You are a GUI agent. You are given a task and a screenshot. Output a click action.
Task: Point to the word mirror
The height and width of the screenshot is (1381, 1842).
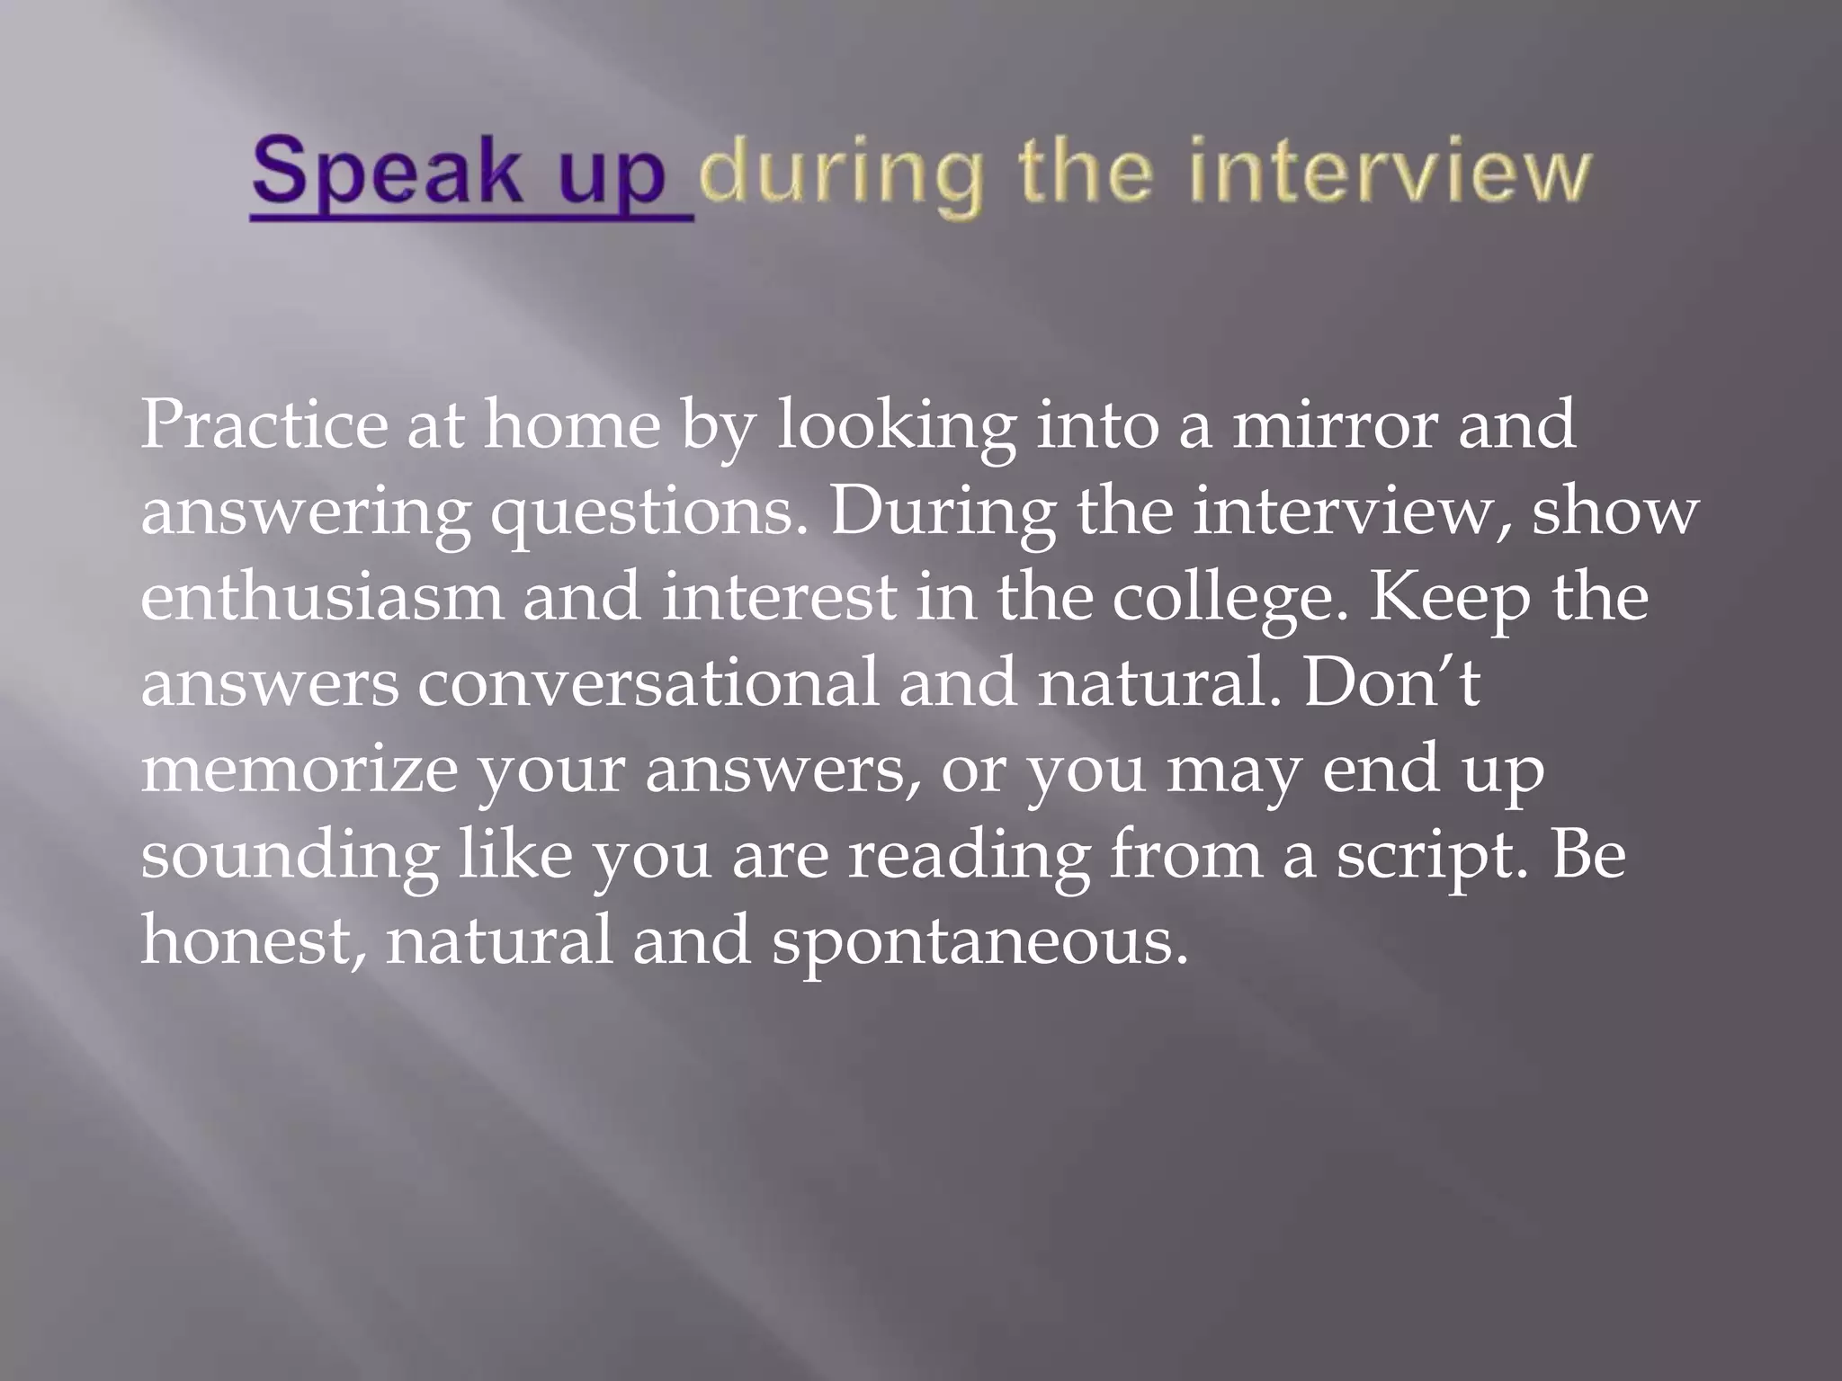(1333, 424)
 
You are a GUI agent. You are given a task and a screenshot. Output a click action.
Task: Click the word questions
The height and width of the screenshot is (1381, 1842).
(648, 512)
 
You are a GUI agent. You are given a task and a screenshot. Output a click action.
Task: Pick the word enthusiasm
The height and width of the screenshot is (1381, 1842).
(320, 597)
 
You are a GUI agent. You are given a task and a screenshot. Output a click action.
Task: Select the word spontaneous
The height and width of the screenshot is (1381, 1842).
(979, 942)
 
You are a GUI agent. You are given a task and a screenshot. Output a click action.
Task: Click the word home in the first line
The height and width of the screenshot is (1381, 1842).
(572, 424)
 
